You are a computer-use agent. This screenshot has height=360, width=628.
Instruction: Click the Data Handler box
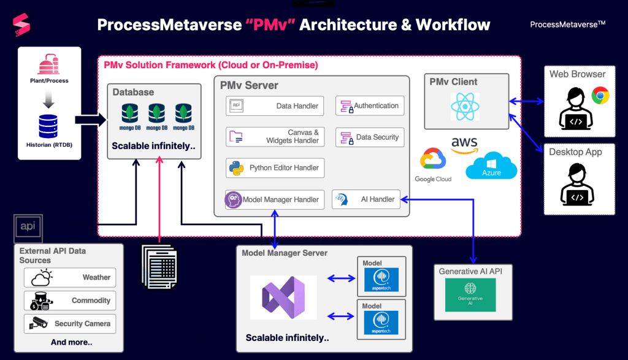[x=274, y=106]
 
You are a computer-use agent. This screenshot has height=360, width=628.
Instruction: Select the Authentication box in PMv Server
[x=370, y=106]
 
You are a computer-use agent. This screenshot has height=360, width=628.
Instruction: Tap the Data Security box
[x=370, y=137]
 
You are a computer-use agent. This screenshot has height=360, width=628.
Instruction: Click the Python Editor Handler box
[x=274, y=168]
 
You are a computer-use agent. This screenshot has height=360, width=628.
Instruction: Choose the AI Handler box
[x=366, y=199]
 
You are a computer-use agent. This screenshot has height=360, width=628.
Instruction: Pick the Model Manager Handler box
[x=274, y=199]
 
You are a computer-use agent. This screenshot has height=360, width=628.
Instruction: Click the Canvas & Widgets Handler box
[x=274, y=137]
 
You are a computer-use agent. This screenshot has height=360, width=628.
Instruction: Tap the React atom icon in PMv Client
[x=465, y=107]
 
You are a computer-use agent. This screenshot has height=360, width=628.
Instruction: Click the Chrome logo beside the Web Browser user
[x=600, y=96]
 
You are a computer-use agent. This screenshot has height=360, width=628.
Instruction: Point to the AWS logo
[x=464, y=144]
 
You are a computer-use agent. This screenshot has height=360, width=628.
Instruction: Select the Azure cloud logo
[x=491, y=166]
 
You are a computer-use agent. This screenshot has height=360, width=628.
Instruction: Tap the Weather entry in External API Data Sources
[x=70, y=278]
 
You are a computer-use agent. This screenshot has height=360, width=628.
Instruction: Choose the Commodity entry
[x=70, y=301]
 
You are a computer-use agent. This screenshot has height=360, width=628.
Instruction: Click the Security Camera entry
[x=70, y=323]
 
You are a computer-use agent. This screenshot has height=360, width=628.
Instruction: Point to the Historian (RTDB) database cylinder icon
[x=48, y=124]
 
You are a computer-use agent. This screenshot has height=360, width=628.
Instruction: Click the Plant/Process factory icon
[x=49, y=65]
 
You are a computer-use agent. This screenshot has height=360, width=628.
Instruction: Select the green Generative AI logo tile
[x=470, y=295]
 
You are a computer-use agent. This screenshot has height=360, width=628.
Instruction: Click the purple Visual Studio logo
[x=283, y=297]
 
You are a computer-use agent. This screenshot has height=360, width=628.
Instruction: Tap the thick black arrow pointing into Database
[x=90, y=120]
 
